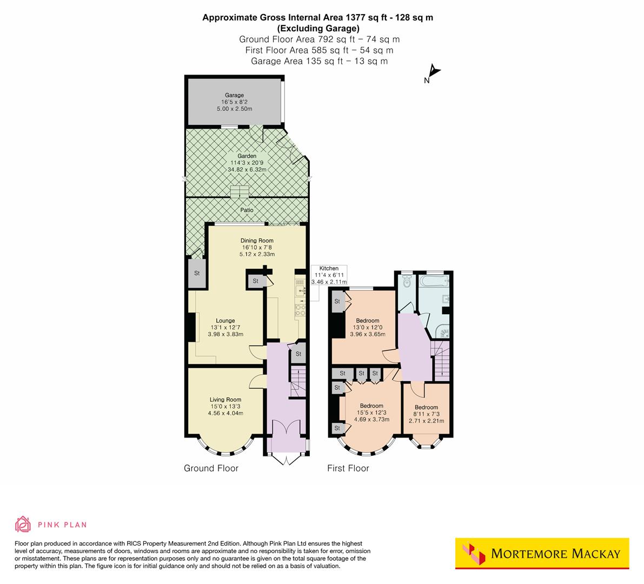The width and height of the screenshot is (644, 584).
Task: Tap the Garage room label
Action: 235,96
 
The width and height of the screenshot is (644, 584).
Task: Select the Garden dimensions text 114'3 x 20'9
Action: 247,163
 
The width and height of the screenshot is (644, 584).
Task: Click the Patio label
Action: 247,210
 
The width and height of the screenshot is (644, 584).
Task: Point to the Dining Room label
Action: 257,241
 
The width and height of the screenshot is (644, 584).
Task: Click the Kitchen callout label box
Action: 329,275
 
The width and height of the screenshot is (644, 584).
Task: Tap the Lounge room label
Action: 225,321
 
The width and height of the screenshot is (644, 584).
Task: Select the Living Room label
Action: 225,400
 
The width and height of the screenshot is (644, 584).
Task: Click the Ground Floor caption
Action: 211,468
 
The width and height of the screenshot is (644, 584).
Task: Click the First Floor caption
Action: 348,468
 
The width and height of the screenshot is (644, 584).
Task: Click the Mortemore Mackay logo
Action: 542,554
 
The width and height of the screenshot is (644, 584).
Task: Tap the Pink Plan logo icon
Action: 23,525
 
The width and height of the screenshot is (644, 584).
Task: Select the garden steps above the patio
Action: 240,193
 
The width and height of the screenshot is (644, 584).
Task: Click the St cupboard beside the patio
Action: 197,274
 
